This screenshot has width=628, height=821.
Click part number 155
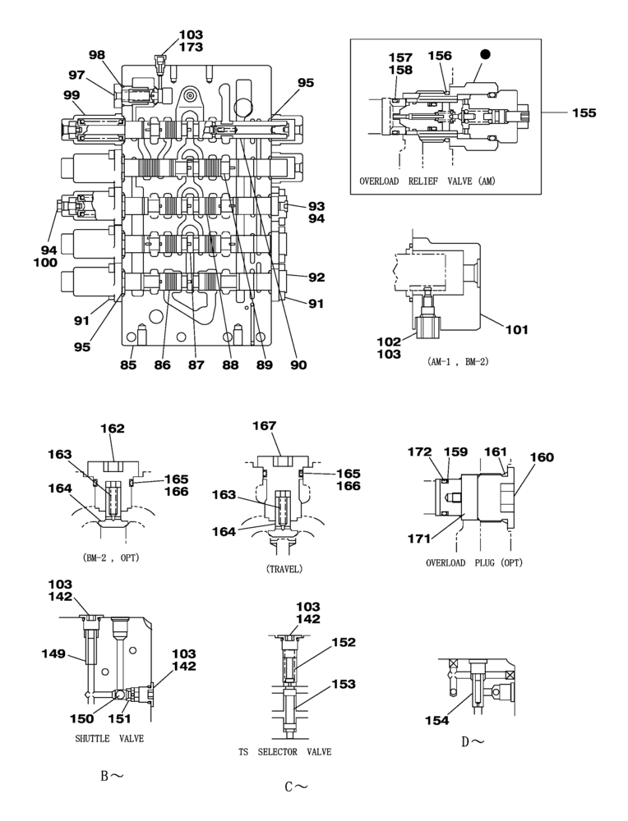click(x=584, y=112)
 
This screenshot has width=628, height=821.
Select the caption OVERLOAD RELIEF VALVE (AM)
click(x=427, y=181)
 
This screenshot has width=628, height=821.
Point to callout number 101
click(x=516, y=331)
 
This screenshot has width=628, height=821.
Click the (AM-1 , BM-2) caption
click(x=458, y=361)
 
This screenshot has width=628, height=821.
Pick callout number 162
click(x=113, y=428)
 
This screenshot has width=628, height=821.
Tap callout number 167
click(x=265, y=425)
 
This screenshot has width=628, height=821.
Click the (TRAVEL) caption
click(x=284, y=568)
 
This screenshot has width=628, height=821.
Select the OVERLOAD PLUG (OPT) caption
click(x=474, y=563)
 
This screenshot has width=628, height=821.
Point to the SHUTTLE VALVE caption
click(x=109, y=738)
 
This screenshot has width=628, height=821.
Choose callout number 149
click(x=54, y=654)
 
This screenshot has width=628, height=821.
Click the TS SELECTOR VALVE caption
click(x=284, y=752)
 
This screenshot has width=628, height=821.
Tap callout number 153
click(x=344, y=684)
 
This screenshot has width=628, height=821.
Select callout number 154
click(x=437, y=720)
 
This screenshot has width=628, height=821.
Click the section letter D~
click(x=472, y=742)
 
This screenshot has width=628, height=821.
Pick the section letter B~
click(x=112, y=775)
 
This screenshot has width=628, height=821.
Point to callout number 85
click(x=128, y=365)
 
